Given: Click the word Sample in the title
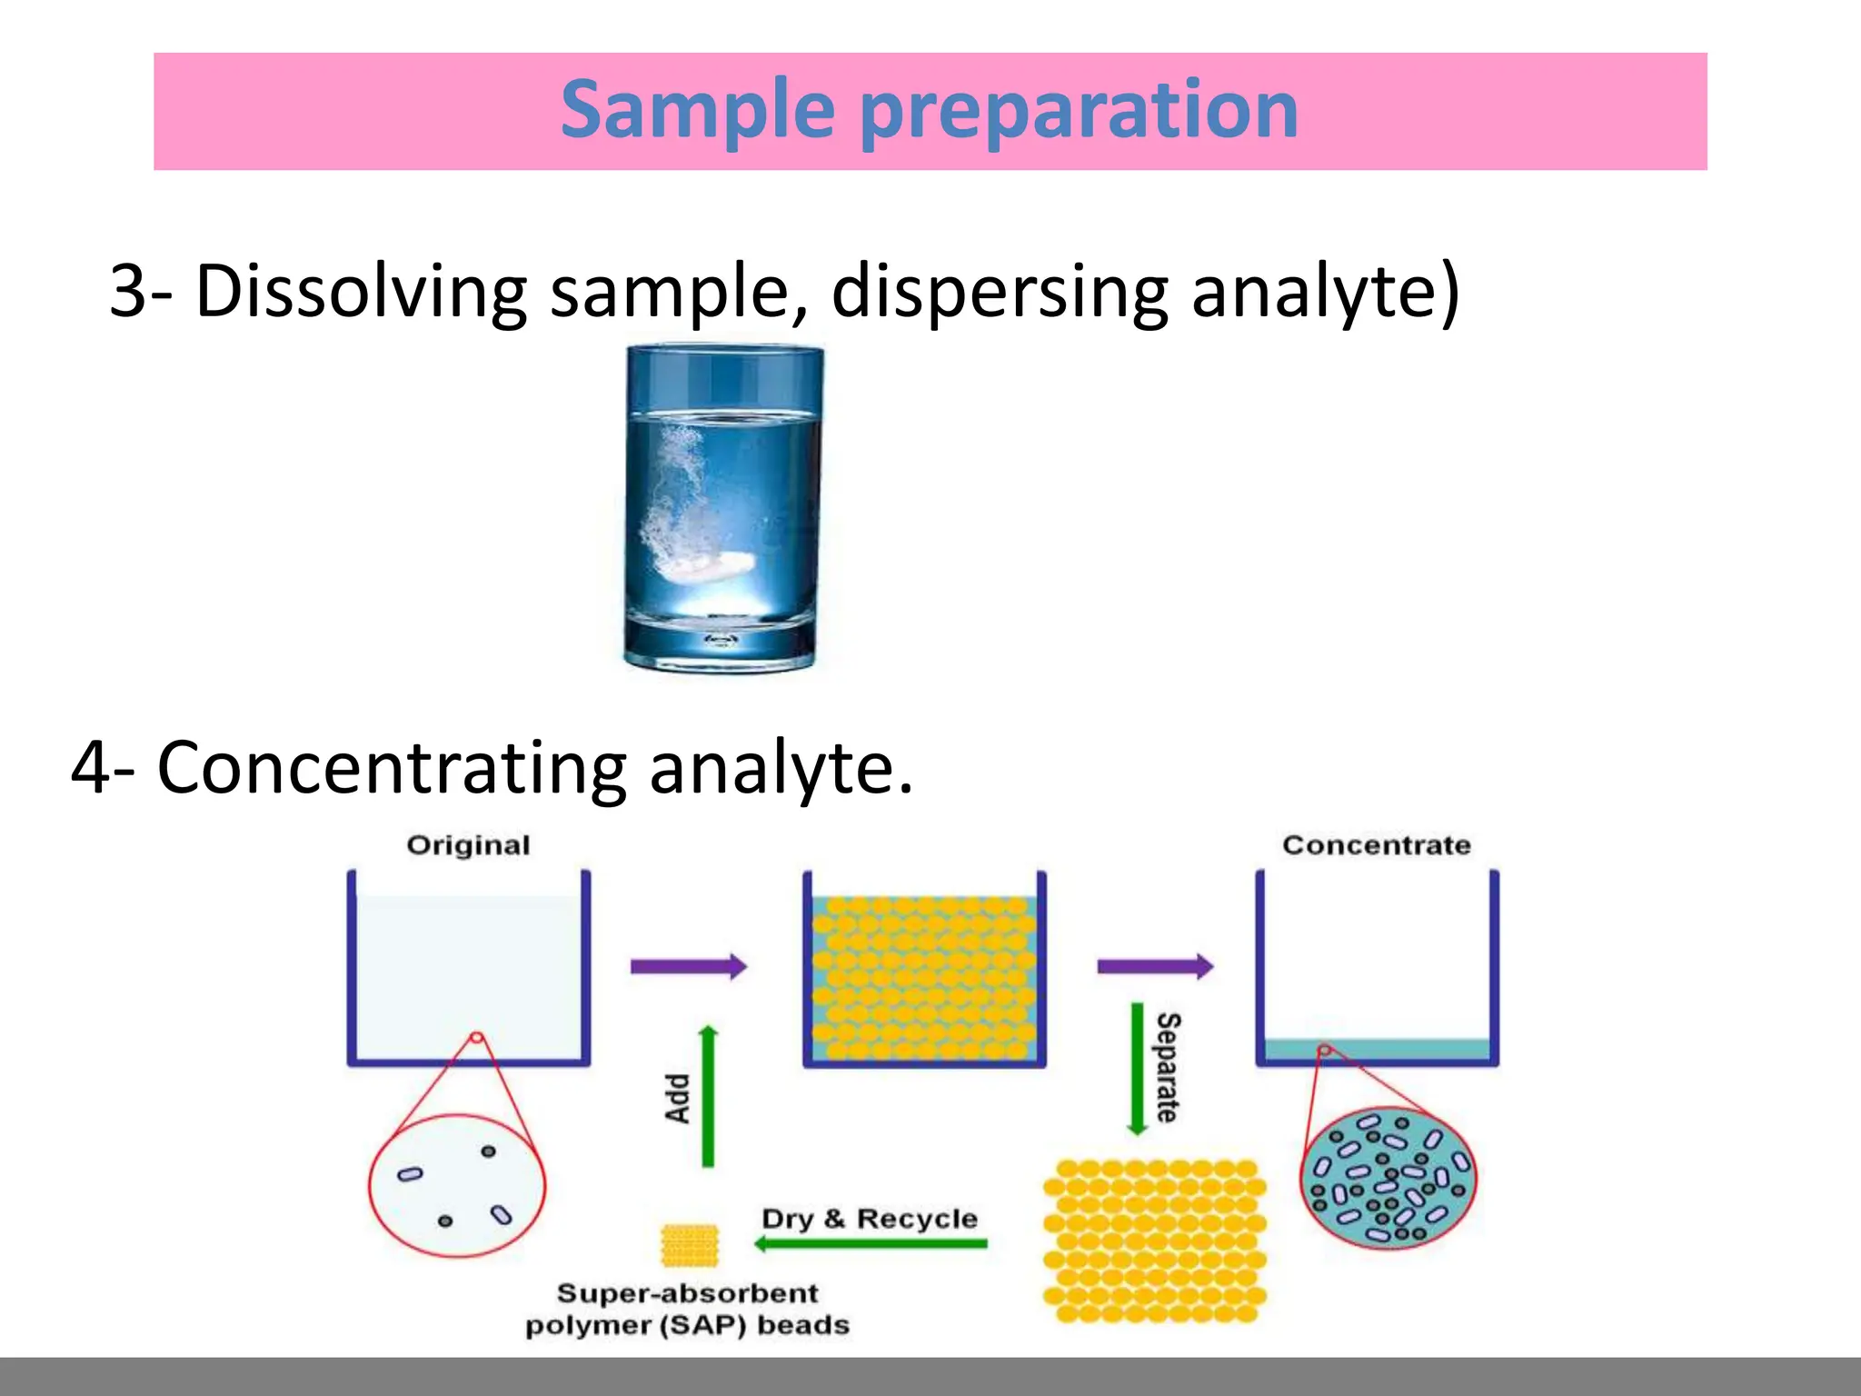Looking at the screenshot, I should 698,111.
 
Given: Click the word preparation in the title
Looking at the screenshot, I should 1078,111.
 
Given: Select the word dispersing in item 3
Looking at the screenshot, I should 1000,291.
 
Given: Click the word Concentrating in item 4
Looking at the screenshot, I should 392,768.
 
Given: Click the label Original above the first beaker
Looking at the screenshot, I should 468,845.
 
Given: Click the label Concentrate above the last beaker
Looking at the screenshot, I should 1376,845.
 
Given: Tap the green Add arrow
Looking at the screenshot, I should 709,1096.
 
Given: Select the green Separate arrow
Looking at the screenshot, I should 1137,1069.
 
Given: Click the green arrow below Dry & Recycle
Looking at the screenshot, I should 871,1243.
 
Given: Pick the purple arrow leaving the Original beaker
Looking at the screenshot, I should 688,965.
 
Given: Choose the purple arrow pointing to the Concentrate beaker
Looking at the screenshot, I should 1155,965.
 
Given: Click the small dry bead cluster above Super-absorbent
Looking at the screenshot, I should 690,1244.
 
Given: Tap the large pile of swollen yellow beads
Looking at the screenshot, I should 1154,1241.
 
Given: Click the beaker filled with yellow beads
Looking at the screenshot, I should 924,977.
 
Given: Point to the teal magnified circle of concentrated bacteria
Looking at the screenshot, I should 1388,1179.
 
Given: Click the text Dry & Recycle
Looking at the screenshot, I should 870,1218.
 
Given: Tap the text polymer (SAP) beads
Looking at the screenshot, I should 688,1325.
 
